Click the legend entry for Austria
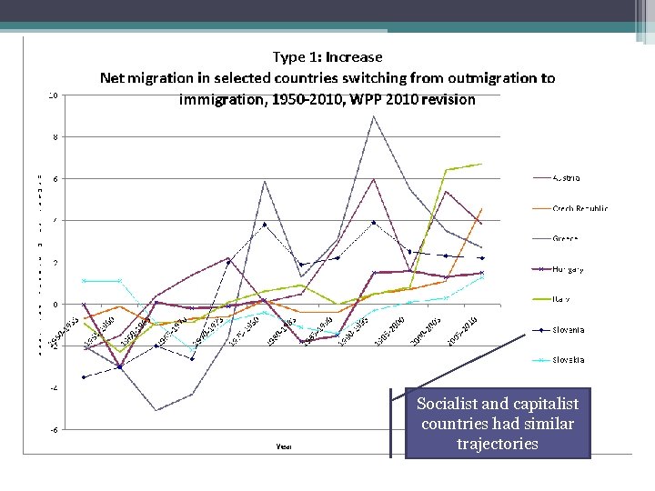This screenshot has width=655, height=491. (565, 178)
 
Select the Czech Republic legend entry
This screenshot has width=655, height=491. (579, 208)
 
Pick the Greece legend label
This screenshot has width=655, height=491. (564, 239)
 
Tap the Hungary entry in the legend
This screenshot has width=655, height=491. (568, 269)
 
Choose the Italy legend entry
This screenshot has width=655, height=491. (560, 299)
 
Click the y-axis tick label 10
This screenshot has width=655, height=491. (54, 95)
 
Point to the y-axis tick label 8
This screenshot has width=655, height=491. (55, 137)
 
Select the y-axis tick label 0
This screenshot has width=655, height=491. (55, 305)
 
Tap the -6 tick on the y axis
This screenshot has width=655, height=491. (54, 430)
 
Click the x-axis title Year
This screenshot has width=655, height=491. (284, 446)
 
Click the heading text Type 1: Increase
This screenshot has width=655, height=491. (327, 57)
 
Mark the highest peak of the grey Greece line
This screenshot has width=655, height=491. (373, 116)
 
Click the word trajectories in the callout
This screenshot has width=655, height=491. (498, 444)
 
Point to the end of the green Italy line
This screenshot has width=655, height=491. (481, 164)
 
